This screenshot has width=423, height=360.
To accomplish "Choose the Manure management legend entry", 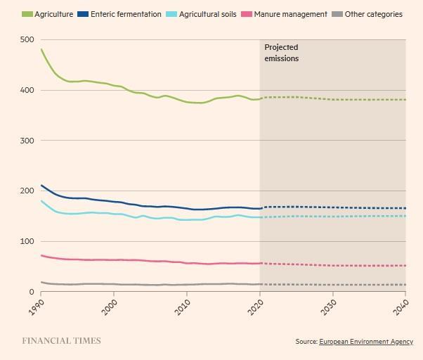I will [285, 14].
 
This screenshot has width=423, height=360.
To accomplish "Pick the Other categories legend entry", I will [368, 14].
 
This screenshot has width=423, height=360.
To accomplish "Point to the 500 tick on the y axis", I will [27, 40].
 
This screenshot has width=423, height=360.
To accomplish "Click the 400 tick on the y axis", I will [27, 91].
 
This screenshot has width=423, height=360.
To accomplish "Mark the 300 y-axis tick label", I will [27, 141].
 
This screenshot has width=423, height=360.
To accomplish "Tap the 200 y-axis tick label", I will [27, 191].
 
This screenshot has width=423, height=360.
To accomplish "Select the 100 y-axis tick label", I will [27, 242].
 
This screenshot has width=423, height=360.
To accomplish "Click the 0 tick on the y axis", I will [31, 292].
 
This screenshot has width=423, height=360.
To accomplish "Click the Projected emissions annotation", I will [282, 53].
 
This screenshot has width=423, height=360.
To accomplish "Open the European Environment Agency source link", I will [365, 342].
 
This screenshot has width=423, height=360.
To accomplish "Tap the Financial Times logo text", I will [61, 341].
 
